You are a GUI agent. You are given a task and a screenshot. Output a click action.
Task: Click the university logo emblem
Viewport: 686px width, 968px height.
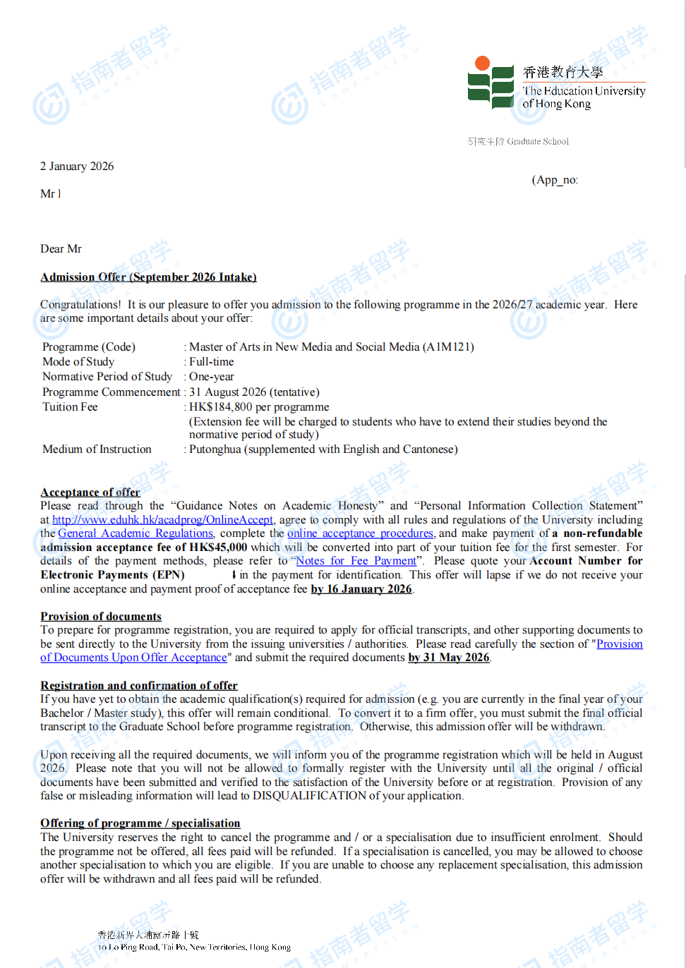[491, 83]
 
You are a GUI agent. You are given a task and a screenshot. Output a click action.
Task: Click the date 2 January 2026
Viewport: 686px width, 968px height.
[77, 167]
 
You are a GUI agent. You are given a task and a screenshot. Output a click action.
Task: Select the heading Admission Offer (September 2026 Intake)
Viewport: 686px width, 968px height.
[148, 277]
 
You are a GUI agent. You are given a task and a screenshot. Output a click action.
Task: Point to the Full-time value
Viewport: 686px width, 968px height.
[211, 362]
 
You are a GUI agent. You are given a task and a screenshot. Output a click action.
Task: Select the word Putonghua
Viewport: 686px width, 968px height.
[215, 449]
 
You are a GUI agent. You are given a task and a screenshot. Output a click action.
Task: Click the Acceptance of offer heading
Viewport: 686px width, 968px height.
[90, 492]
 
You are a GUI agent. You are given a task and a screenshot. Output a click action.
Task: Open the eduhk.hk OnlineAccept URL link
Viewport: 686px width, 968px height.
[162, 520]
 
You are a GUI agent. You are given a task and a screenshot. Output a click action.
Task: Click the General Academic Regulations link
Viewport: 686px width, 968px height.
[136, 533]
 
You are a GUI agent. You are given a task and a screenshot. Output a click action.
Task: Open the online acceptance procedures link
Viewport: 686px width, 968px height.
[360, 533]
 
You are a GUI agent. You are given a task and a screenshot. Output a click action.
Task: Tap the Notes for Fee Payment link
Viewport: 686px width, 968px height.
[356, 561]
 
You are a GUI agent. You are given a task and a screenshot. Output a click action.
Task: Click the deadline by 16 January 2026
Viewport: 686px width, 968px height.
[361, 589]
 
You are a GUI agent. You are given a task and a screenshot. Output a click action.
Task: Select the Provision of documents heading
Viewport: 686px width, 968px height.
[101, 617]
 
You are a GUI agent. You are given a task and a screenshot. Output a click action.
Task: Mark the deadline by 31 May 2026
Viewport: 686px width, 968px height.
[449, 658]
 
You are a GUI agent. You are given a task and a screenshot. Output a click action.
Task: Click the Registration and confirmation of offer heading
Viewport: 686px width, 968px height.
[139, 686]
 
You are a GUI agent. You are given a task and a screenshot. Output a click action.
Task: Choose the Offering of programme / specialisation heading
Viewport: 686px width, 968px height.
[140, 823]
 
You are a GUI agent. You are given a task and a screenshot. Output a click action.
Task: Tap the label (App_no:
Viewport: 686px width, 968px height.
[555, 180]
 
